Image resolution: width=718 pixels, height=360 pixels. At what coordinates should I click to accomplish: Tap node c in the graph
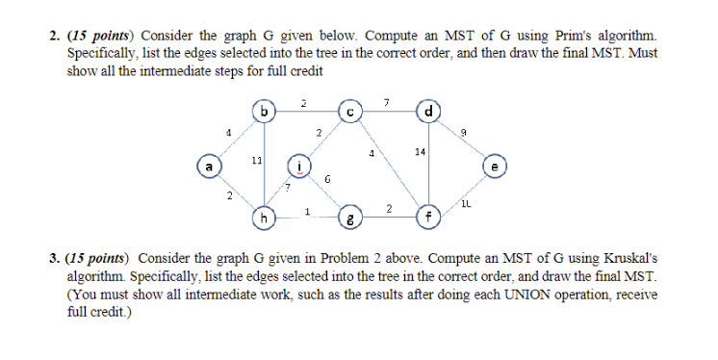click(x=351, y=114)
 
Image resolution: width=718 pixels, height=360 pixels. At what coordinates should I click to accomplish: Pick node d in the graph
click(x=426, y=114)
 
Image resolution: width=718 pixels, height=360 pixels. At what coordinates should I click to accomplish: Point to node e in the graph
click(x=495, y=166)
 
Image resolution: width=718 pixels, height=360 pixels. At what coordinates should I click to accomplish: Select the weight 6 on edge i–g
click(x=327, y=179)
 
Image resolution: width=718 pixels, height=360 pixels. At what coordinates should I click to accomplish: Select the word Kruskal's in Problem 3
click(x=627, y=260)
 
